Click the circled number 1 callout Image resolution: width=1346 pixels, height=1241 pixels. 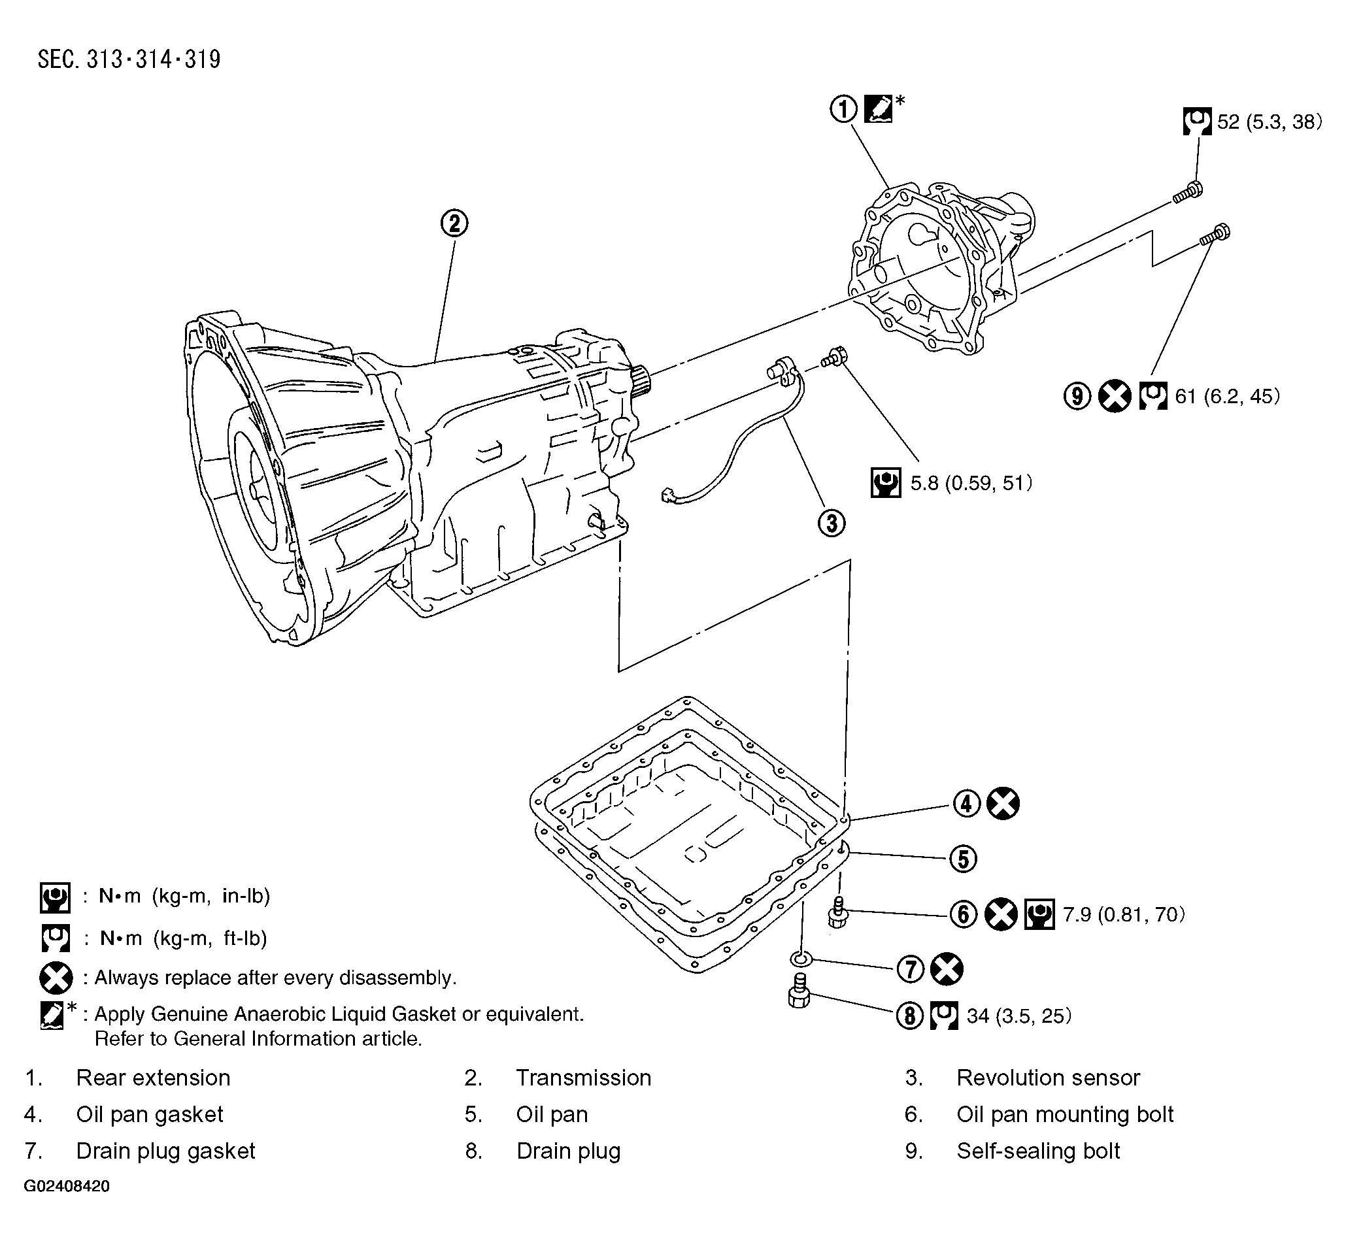(843, 108)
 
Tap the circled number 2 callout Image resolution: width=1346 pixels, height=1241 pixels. (454, 223)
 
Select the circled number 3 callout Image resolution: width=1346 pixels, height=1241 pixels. (832, 522)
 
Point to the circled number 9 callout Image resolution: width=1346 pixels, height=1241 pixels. (1077, 396)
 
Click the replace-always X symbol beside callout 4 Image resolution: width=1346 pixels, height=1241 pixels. (1003, 803)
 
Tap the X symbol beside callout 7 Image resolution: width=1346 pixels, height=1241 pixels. (947, 969)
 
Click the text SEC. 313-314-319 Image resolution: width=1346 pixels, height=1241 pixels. (129, 59)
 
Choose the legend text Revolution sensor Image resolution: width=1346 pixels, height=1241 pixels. (1048, 1078)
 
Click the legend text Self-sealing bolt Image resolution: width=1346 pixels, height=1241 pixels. (1037, 1151)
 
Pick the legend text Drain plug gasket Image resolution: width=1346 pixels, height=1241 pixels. (165, 1151)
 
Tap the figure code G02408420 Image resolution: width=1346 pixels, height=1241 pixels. (67, 1186)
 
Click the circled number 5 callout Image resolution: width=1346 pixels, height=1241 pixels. (963, 858)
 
